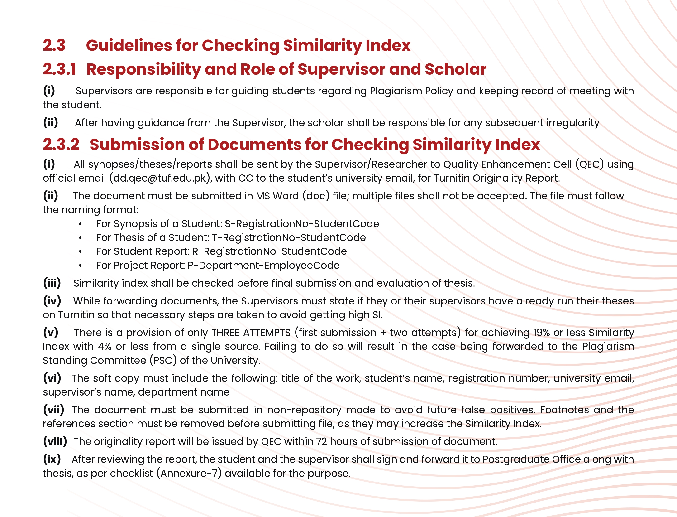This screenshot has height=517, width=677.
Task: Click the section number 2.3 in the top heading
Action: coord(54,45)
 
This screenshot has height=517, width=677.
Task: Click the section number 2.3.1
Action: coord(59,69)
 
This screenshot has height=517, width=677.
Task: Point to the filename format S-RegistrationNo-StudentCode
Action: coord(302,224)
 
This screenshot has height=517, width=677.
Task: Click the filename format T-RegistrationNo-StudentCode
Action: coord(289,237)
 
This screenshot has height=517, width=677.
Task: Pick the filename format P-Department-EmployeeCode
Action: coord(263,265)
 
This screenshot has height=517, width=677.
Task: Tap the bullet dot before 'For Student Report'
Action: coord(80,252)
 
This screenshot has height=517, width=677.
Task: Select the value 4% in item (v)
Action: coord(105,347)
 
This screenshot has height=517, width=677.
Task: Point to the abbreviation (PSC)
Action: coord(163,360)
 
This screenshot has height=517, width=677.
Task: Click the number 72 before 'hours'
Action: coord(321,442)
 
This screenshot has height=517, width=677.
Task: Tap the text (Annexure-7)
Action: coord(189,473)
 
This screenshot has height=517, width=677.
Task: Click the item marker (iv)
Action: coord(52,301)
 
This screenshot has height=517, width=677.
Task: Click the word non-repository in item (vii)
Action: coord(304,410)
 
